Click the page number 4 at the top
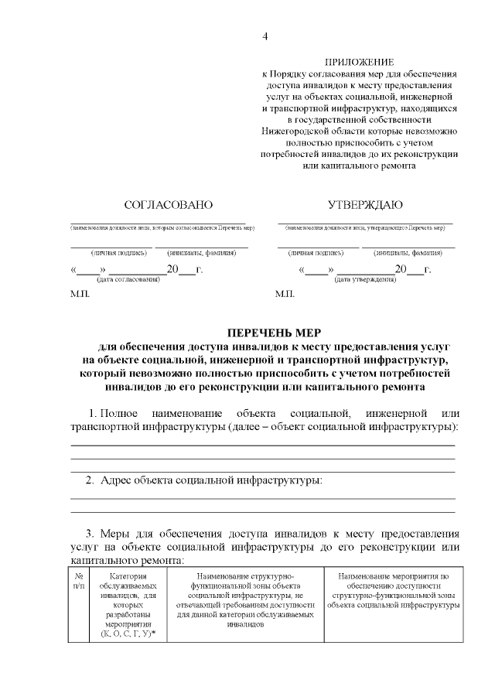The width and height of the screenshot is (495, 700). click(265, 36)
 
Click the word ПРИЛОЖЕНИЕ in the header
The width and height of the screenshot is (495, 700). click(359, 61)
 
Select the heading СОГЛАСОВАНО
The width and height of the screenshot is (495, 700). click(169, 205)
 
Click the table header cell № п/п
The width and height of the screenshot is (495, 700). click(79, 582)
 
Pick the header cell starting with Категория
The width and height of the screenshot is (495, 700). click(128, 577)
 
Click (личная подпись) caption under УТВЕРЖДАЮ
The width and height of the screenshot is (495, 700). click(316, 252)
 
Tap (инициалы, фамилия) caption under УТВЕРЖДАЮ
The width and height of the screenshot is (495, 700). click(408, 252)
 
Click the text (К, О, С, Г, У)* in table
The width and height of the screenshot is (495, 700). click(128, 633)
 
